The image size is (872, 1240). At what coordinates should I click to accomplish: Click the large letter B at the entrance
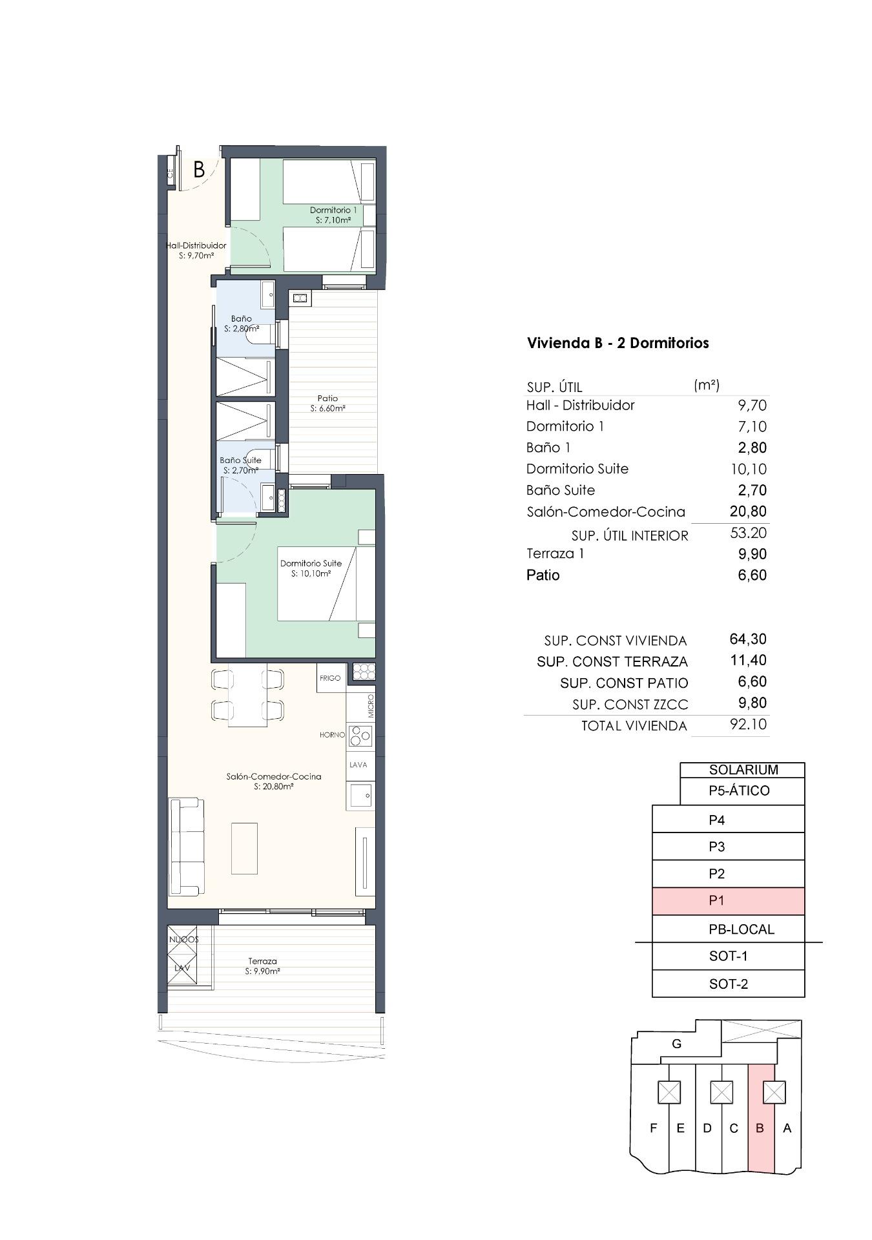pos(199,170)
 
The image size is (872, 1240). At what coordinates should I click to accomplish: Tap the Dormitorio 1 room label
pos(333,215)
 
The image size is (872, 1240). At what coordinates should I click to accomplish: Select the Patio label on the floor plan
pos(327,403)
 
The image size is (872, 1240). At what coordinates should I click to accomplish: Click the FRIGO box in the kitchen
pos(330,678)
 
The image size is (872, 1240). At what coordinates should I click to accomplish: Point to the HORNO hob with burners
pos(360,736)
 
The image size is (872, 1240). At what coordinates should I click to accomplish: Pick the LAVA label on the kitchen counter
pos(358,765)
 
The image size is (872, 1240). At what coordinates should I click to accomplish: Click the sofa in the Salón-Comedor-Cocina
pos(185,847)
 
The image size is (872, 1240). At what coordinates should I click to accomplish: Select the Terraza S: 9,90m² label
pos(262,966)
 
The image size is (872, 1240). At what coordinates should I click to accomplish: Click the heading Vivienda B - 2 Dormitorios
pos(618,343)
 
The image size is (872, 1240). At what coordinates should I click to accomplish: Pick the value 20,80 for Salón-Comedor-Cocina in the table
pos(748,512)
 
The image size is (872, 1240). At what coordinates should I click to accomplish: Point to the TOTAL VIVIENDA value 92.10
pos(748,725)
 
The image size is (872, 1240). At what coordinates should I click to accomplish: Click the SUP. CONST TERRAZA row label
pos(612,662)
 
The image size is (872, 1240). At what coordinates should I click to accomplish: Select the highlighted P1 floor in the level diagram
pos(728,901)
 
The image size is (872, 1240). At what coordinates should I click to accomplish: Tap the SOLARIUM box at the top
pos(743,769)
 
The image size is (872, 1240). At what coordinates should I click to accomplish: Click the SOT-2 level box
pos(728,984)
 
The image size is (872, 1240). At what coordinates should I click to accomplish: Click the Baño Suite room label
pos(240,465)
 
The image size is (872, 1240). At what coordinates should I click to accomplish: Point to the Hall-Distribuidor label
pos(196,251)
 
